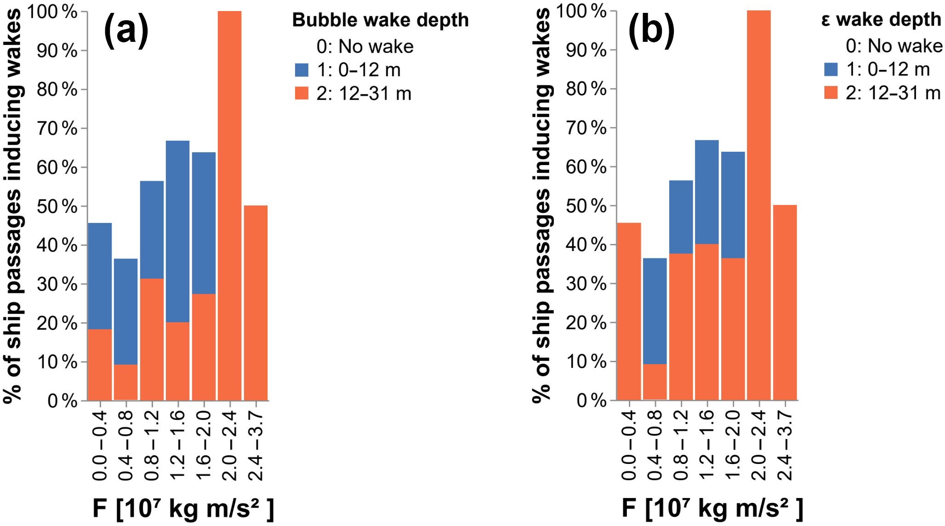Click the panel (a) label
(x=126, y=30)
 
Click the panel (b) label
(x=651, y=30)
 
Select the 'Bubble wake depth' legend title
(x=380, y=20)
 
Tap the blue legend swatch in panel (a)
(x=302, y=70)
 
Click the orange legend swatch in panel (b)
(x=831, y=93)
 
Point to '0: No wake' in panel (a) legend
(x=365, y=46)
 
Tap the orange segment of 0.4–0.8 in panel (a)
(x=125, y=382)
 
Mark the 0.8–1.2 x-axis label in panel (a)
(x=152, y=445)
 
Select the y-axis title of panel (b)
(x=542, y=206)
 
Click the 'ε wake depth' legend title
(x=881, y=20)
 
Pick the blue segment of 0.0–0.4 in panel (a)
(x=99, y=276)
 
